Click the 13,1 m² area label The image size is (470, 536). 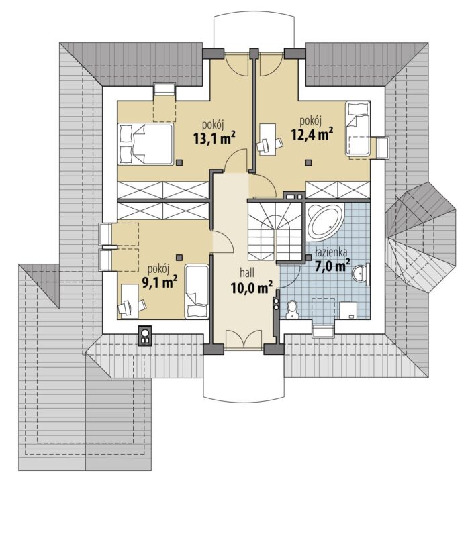pos(214,138)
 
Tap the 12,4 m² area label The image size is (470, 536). pos(312,134)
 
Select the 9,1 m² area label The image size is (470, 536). pos(159,282)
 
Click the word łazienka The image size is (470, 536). pos(331,252)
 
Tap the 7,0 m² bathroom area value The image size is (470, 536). pos(332,266)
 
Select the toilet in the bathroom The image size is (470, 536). pos(292,310)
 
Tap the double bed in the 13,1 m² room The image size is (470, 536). pos(146,145)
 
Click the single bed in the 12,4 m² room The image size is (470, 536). pos(358,130)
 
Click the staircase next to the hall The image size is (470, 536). pos(275,231)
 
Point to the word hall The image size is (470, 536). pos(246,273)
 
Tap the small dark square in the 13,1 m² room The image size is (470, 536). pos(179,163)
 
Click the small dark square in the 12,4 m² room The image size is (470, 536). pos(309,163)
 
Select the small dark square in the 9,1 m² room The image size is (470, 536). pos(179,257)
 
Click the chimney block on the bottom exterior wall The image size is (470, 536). pos(145,335)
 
